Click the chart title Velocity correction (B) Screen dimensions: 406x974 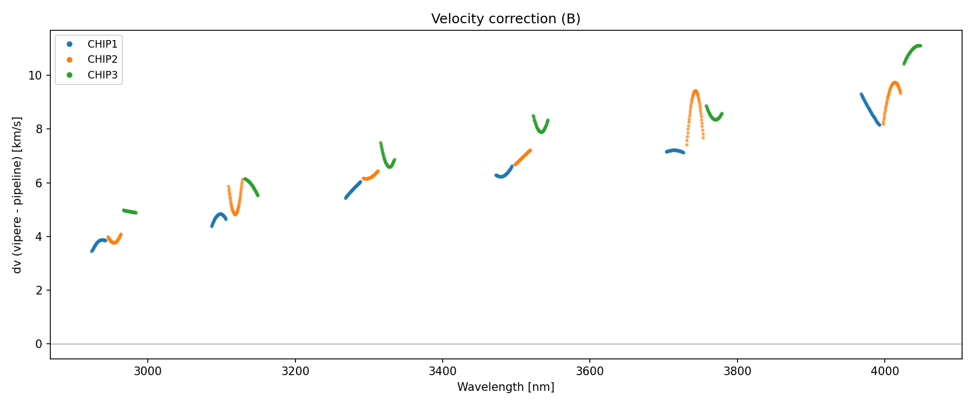505,19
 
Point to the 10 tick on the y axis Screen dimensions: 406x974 35,75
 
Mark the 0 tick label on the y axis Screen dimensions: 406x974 38,344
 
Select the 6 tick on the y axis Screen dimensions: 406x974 38,183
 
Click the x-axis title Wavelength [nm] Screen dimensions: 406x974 505,387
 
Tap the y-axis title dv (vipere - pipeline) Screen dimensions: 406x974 17,195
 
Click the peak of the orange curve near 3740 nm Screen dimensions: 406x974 695,91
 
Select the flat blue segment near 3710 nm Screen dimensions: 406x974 674,150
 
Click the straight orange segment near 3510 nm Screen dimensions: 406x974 523,157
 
